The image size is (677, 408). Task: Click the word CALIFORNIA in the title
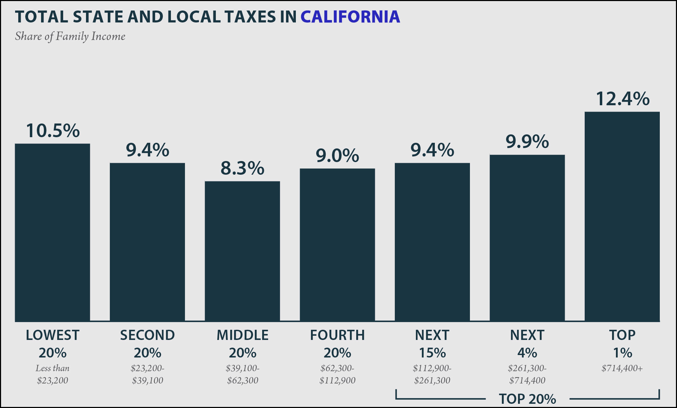click(x=350, y=16)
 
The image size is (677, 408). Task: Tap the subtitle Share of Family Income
click(x=70, y=36)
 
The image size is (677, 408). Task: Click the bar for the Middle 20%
click(x=242, y=251)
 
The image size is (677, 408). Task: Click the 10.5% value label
click(x=53, y=131)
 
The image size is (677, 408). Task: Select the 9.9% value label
click(x=527, y=142)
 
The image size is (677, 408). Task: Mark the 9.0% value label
click(x=337, y=155)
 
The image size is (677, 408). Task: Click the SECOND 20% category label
click(x=147, y=344)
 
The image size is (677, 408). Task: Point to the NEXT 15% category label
click(x=432, y=344)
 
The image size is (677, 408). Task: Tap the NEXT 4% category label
click(x=527, y=344)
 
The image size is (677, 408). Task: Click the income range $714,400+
click(x=622, y=368)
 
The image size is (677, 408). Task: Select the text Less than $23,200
click(x=53, y=374)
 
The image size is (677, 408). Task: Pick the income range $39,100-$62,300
click(x=243, y=374)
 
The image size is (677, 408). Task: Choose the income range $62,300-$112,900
click(x=337, y=374)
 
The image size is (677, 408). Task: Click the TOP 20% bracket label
click(x=527, y=399)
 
